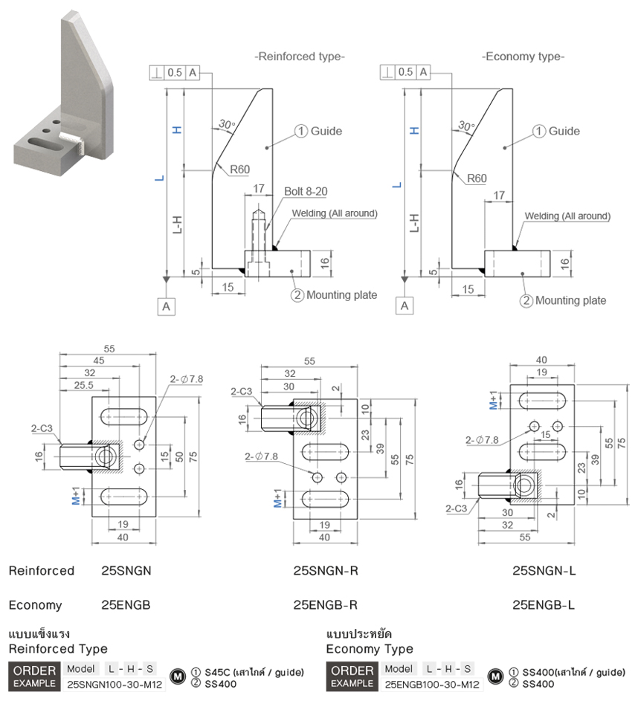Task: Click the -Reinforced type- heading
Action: click(x=300, y=56)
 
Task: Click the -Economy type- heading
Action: click(x=523, y=56)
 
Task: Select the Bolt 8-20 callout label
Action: click(x=305, y=192)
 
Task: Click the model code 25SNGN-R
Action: click(x=326, y=571)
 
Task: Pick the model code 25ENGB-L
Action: click(x=544, y=605)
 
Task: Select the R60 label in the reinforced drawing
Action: click(x=239, y=169)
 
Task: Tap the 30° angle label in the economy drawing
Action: click(x=466, y=125)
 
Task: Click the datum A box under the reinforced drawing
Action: click(x=167, y=305)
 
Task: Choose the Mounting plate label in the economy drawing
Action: click(x=570, y=300)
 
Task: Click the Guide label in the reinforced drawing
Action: click(x=326, y=131)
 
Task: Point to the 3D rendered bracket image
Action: click(x=63, y=97)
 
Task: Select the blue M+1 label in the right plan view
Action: click(x=494, y=401)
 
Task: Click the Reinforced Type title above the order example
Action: click(x=58, y=649)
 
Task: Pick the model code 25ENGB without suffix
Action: click(x=126, y=605)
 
